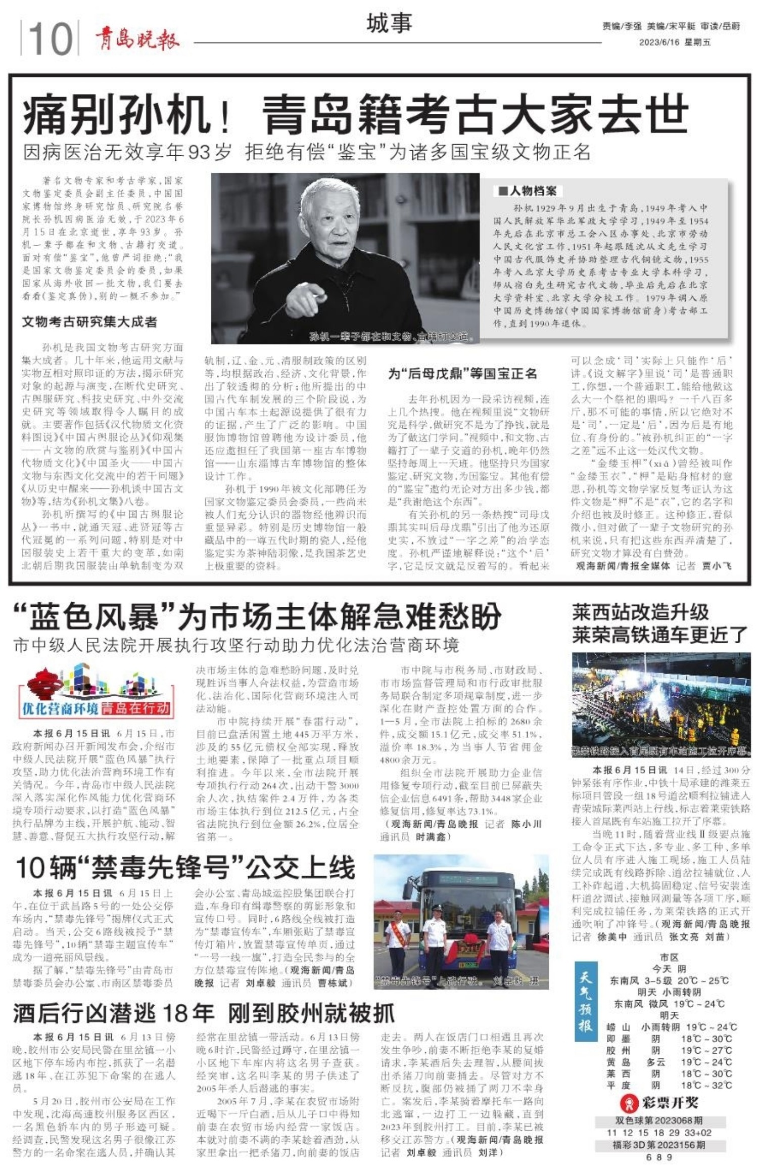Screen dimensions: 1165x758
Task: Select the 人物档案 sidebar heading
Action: [x=528, y=191]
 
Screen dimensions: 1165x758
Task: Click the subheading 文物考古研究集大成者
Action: [x=89, y=322]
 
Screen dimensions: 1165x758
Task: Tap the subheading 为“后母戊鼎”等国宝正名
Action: [x=462, y=374]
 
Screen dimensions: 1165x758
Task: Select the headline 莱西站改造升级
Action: [x=640, y=612]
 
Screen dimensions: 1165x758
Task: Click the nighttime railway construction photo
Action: [x=660, y=704]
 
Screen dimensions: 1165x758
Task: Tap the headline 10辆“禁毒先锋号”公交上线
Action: [x=185, y=868]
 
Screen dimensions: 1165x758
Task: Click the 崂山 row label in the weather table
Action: [x=619, y=1027]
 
